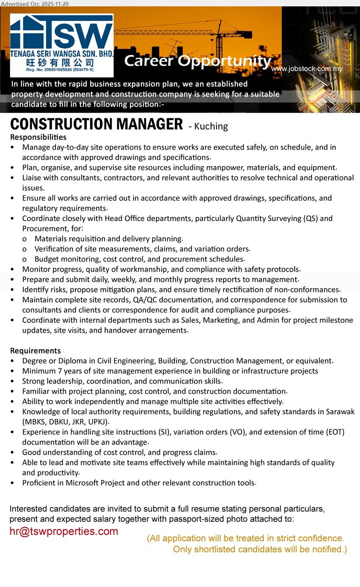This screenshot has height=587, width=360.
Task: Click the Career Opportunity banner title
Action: click(197, 61)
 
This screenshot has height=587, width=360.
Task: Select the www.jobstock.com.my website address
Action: click(307, 69)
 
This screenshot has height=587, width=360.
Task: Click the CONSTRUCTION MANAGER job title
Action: click(97, 125)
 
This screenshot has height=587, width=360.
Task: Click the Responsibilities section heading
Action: click(38, 137)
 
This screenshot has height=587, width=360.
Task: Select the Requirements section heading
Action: click(36, 351)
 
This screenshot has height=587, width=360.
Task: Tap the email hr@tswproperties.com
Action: click(64, 531)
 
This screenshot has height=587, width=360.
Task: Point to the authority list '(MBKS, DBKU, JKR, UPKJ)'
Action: click(66, 422)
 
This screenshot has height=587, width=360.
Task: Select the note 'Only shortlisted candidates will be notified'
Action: click(260, 550)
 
